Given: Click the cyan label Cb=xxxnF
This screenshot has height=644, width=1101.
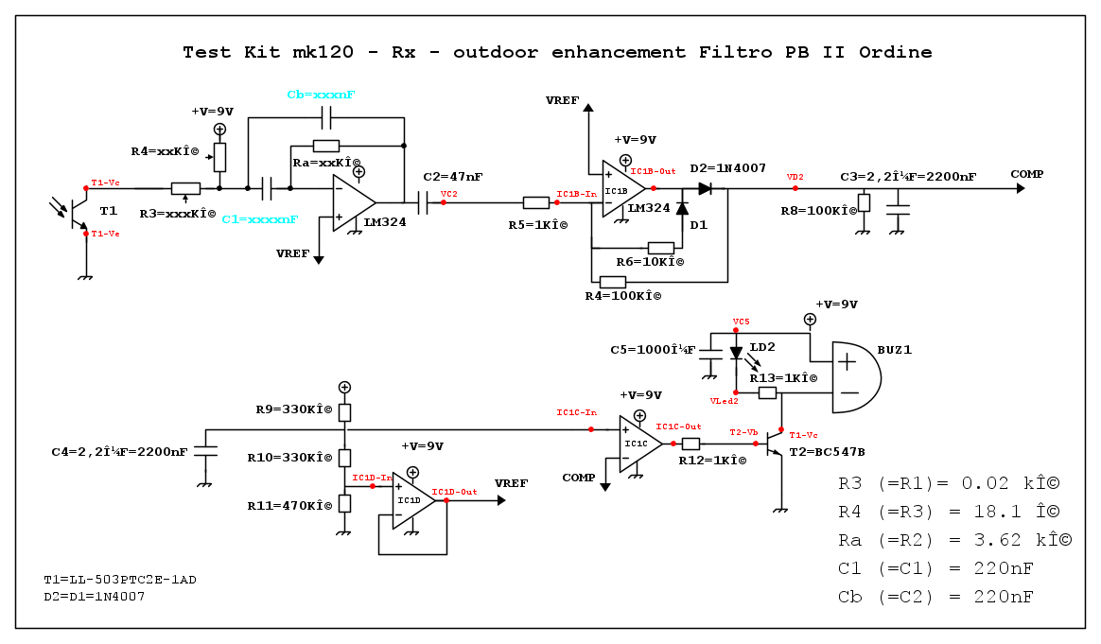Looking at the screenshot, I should [x=321, y=96].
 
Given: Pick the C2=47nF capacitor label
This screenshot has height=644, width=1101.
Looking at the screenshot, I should [x=453, y=177].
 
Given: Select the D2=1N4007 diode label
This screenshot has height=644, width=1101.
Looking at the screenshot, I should [x=726, y=168].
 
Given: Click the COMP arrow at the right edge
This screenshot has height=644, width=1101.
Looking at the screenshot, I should [x=1020, y=188].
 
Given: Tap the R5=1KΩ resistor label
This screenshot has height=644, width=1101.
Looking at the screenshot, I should [x=537, y=225].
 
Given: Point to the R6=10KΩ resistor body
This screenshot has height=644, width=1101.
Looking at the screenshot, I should [x=660, y=248].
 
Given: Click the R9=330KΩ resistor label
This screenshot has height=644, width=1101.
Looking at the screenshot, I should [x=294, y=409].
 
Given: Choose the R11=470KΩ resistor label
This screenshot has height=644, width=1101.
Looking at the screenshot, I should [x=294, y=505].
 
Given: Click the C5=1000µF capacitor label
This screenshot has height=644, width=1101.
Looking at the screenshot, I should [x=653, y=350].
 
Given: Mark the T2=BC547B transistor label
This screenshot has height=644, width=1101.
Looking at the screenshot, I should [x=827, y=452].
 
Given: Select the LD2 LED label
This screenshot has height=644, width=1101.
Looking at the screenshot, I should [x=762, y=347].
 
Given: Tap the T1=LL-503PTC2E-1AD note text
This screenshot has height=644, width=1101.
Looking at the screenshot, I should [x=119, y=579].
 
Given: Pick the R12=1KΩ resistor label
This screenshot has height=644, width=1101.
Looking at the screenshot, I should [x=712, y=461].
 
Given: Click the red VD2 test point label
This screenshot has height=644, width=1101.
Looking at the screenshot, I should [x=795, y=177].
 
